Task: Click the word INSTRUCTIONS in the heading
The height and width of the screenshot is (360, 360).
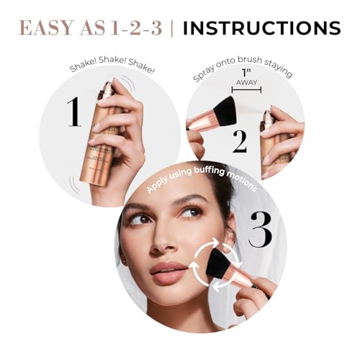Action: [x=261, y=28]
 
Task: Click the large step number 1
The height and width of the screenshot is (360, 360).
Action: [x=73, y=113]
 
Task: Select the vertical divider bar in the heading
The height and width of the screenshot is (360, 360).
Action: [x=172, y=28]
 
